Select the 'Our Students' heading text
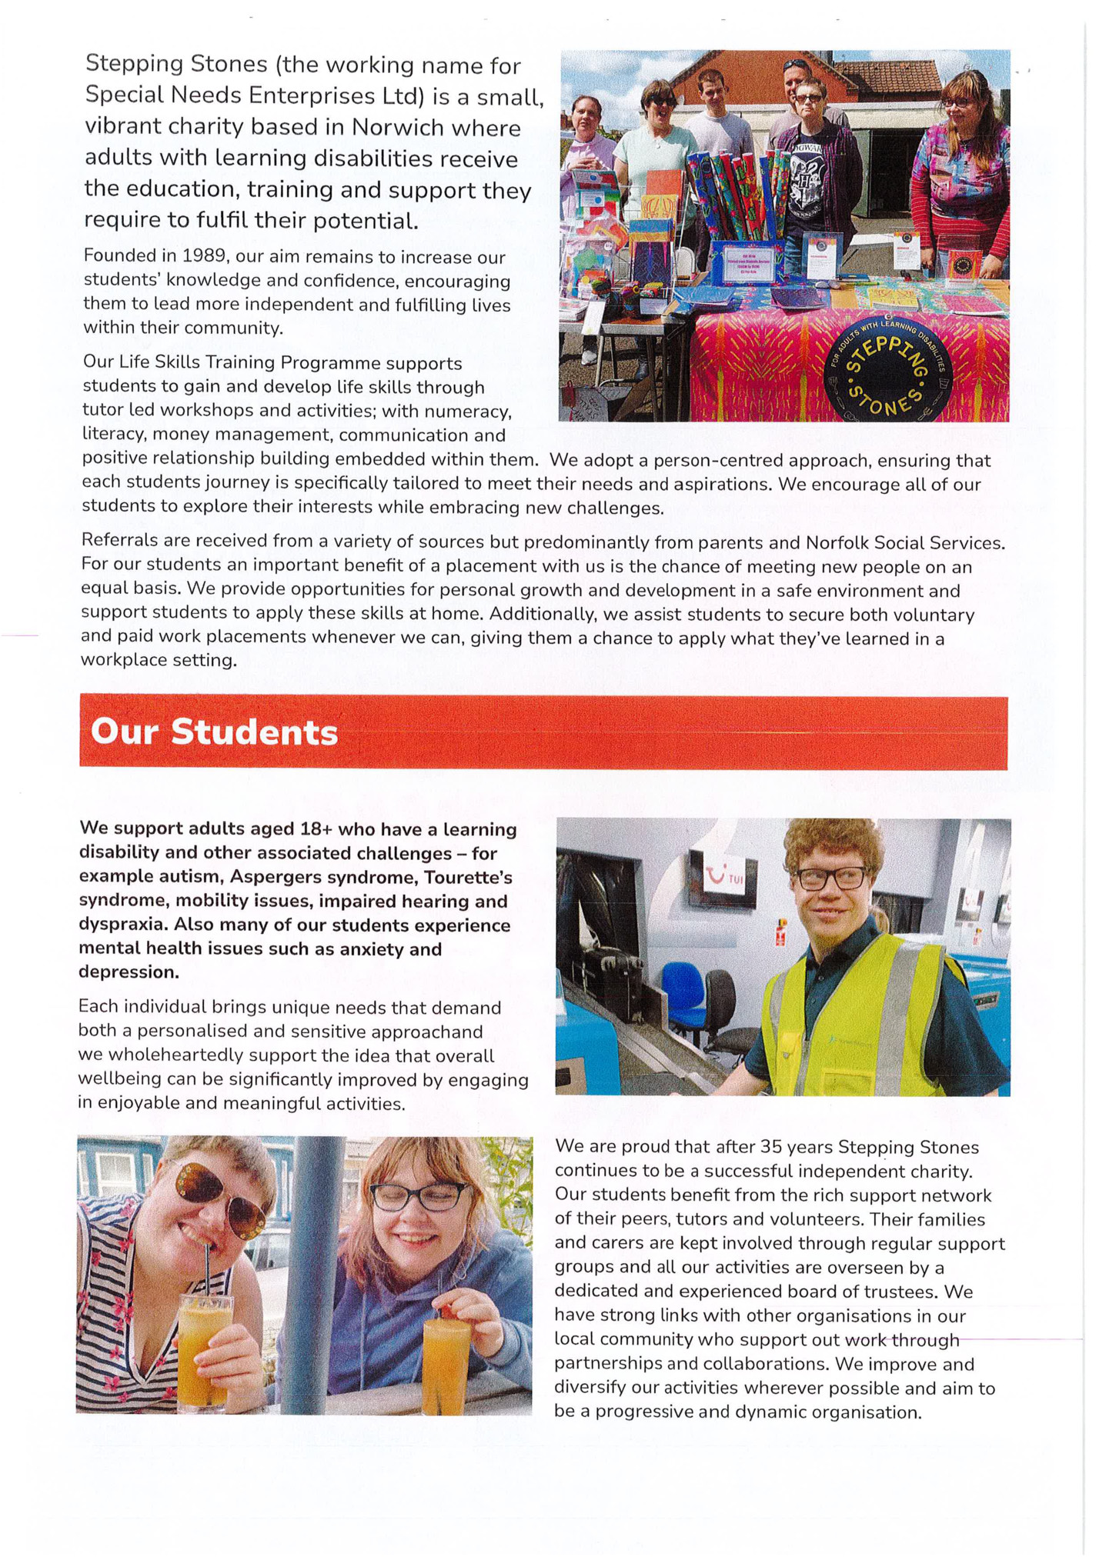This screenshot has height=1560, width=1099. pos(214,732)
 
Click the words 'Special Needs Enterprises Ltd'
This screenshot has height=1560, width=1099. pos(254,95)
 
